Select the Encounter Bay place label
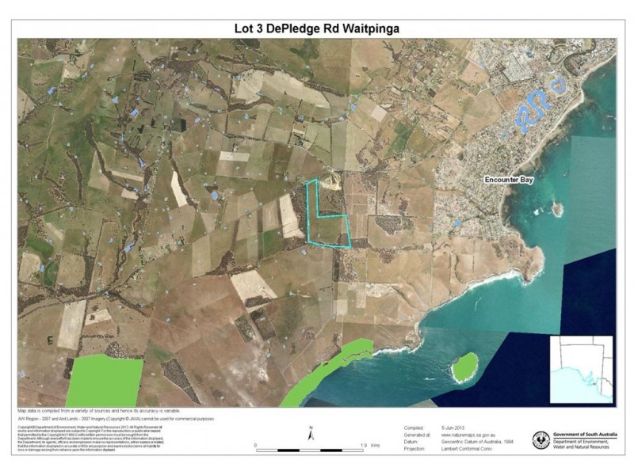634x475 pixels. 510,180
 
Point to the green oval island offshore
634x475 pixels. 464,366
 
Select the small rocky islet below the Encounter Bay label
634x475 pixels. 557,208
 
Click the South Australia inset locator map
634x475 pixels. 582,368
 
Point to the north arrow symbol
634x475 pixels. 312,434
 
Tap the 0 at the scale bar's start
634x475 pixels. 256,446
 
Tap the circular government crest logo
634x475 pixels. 544,439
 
